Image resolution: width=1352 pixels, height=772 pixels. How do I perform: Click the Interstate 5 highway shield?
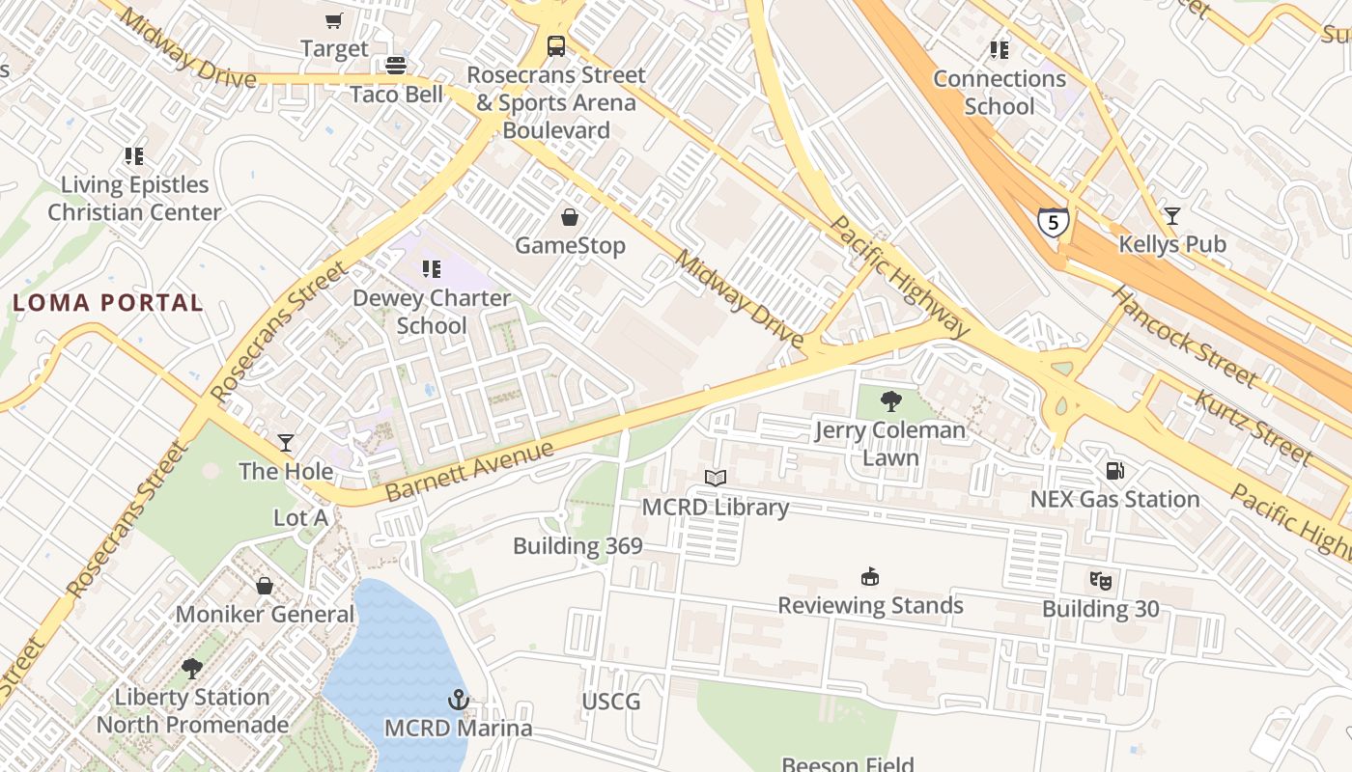coord(1054,223)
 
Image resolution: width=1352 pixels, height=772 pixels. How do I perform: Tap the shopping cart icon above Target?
coord(334,20)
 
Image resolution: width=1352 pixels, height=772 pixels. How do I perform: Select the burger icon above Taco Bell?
coord(396,66)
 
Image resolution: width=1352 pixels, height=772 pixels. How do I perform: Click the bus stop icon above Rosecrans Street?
coord(556,46)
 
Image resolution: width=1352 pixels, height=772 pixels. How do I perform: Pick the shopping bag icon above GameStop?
coord(570,217)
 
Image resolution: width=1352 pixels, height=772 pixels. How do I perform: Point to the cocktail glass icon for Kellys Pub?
coord(1172,216)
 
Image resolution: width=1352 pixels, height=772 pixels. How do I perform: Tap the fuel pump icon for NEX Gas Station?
coord(1114,471)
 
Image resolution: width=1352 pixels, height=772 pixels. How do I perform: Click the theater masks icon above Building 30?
coord(1100,580)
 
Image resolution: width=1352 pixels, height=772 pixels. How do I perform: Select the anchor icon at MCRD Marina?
coord(459,699)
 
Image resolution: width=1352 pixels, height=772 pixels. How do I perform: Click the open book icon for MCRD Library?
coord(716,478)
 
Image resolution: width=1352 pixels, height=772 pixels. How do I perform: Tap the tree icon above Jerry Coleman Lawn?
coord(891,401)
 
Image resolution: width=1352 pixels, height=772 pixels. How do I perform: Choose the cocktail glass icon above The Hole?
coord(286,443)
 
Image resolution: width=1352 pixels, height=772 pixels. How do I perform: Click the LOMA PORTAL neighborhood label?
coord(108,303)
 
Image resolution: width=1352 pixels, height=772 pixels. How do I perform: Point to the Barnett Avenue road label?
coord(470,470)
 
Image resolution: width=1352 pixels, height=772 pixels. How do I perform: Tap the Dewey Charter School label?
coord(431,312)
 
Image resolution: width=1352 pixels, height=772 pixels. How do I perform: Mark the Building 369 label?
coord(577,546)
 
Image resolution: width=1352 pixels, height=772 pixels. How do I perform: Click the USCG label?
coord(611,702)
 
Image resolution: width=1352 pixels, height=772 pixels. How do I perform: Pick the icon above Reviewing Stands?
coord(871,577)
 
